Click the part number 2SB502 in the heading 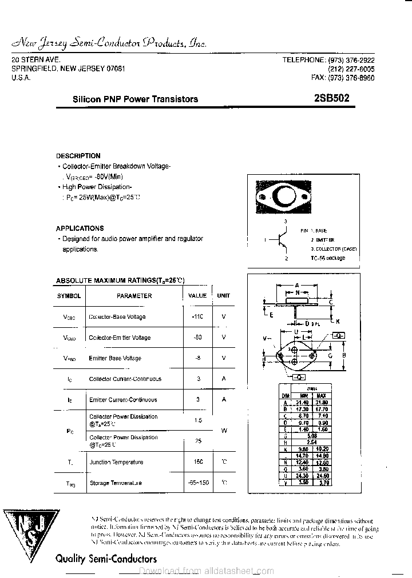[x=332, y=98]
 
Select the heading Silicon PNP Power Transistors [x=135, y=99]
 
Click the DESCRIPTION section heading [x=78, y=156]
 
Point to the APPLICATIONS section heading [x=80, y=228]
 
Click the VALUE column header [x=197, y=296]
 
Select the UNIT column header [x=223, y=296]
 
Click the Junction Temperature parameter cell [x=116, y=462]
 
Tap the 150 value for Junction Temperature [x=198, y=462]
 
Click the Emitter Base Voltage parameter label [x=115, y=358]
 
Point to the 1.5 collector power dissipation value [x=198, y=420]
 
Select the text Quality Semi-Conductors [x=106, y=559]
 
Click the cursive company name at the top [x=109, y=44]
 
